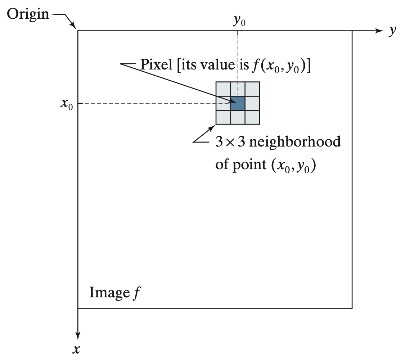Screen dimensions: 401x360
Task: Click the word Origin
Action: (x=28, y=14)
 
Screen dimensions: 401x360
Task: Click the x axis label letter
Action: (x=76, y=349)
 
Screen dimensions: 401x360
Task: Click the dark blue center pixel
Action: (x=238, y=103)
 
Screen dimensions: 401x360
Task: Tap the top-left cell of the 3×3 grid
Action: (x=223, y=89)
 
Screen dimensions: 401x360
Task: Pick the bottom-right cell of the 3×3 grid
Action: (x=252, y=117)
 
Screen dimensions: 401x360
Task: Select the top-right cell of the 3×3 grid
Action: (x=252, y=89)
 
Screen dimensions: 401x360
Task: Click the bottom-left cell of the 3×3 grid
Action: (x=223, y=117)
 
